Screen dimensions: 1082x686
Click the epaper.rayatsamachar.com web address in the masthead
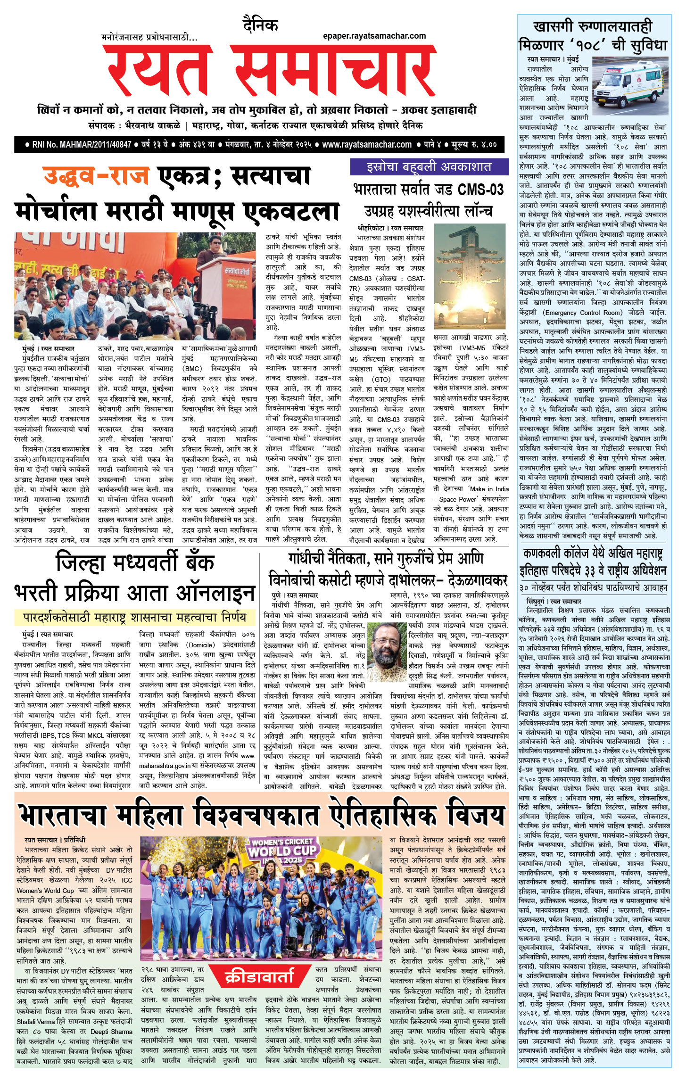[x=374, y=36]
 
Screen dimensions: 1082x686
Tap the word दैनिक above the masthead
[x=260, y=24]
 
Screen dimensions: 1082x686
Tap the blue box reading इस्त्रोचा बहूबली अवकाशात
[x=429, y=167]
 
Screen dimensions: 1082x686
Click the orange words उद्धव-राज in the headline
[x=96, y=176]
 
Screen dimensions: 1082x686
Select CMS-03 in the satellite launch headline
[x=480, y=190]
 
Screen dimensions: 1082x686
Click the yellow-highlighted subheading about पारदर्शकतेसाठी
[x=135, y=617]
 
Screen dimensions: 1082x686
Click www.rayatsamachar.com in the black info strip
[x=366, y=144]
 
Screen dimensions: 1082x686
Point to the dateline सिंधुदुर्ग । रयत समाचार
[x=554, y=602]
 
